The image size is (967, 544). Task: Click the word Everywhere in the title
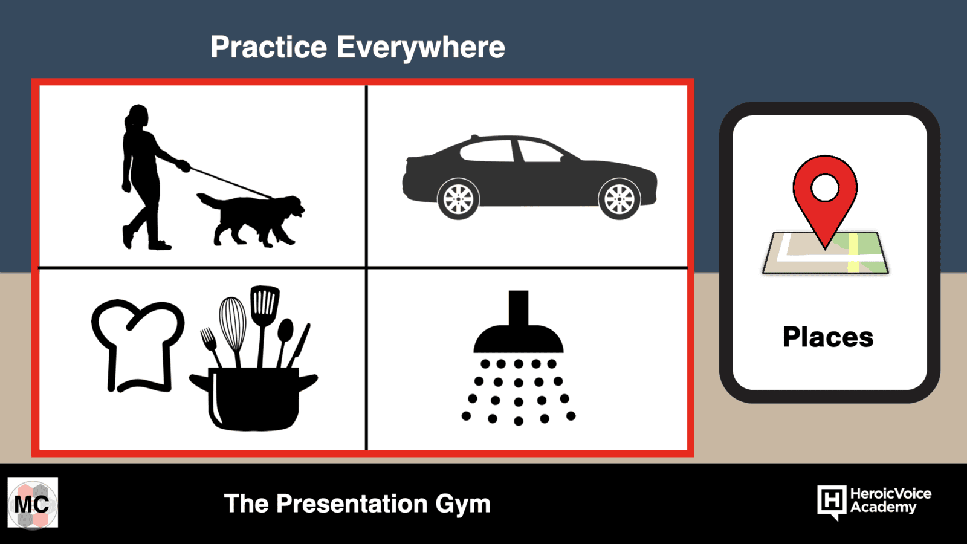(421, 48)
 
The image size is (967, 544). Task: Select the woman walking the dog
(151, 177)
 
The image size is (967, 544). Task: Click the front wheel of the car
(619, 199)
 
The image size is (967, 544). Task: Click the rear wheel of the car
(458, 199)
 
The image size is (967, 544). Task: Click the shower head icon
(519, 322)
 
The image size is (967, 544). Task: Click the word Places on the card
(828, 337)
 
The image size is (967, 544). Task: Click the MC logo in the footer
(33, 502)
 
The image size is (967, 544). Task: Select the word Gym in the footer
(463, 505)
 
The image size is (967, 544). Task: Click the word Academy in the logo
(883, 507)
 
